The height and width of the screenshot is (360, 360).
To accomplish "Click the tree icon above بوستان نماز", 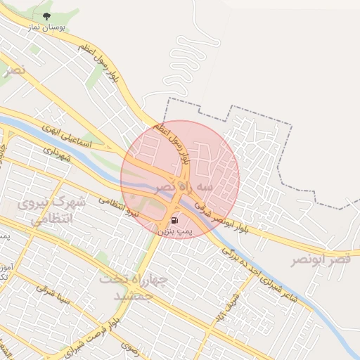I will (x=46, y=15).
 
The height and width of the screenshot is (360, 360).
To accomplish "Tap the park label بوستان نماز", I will (x=47, y=27).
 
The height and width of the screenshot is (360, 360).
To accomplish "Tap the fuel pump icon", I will (x=174, y=219).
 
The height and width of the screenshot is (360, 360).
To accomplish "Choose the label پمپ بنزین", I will (x=172, y=230).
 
